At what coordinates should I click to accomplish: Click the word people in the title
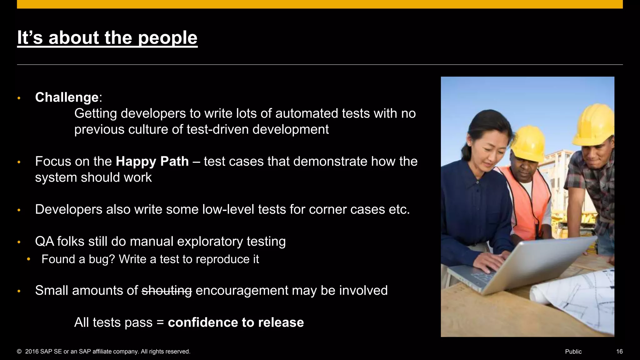[167, 38]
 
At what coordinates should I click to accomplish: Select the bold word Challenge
[67, 97]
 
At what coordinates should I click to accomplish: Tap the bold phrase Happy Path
[152, 162]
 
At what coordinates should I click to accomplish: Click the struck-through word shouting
[167, 291]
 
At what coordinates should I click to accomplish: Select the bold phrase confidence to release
[236, 322]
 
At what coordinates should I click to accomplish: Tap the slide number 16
[619, 352]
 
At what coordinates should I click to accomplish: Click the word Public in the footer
[573, 352]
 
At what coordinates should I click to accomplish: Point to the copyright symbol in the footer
[19, 352]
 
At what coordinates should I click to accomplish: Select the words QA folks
[59, 242]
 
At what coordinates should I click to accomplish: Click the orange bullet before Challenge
[19, 98]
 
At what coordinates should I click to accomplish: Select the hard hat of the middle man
[528, 142]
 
